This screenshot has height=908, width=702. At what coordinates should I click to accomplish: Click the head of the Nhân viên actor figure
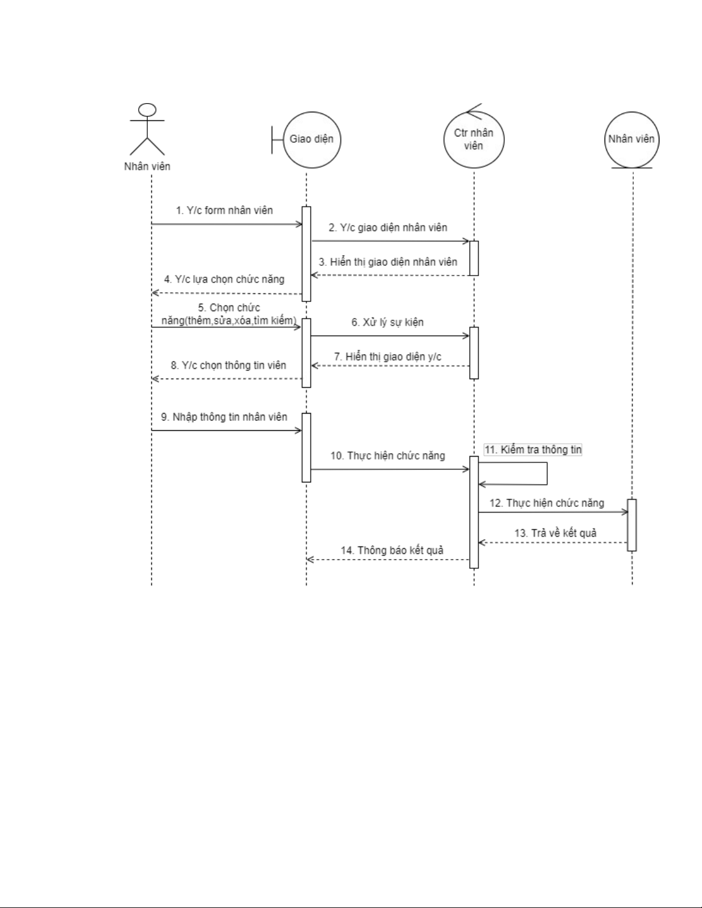tap(148, 110)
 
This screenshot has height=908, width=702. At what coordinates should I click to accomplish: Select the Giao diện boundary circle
tap(312, 139)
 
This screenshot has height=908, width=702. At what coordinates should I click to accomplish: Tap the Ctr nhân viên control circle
tap(474, 140)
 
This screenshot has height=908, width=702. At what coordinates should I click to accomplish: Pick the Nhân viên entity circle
tap(632, 139)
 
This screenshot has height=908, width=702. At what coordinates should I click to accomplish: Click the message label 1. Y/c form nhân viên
tap(224, 210)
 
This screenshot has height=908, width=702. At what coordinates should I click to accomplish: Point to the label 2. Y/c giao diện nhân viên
tap(388, 227)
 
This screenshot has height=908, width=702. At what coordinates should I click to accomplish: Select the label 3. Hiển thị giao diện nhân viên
tap(388, 262)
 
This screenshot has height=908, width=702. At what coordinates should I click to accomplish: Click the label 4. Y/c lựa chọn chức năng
tap(224, 280)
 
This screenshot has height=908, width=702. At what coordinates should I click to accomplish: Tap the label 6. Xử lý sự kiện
tap(387, 322)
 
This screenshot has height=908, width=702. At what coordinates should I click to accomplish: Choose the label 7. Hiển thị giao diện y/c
tap(388, 357)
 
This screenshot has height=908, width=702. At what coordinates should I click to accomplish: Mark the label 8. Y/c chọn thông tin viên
tap(228, 365)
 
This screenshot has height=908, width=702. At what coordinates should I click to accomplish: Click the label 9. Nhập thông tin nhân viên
tap(224, 417)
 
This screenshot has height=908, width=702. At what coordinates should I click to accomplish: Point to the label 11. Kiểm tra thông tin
tap(533, 450)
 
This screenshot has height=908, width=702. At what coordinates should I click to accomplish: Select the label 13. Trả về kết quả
tap(555, 533)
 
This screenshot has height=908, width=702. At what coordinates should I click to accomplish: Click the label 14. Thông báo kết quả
tap(392, 551)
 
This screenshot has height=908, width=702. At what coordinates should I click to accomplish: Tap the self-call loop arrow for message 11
tap(547, 474)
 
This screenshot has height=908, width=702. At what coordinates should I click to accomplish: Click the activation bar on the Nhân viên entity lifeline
tap(632, 525)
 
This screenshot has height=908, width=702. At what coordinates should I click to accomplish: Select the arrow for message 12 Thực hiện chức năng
tap(553, 512)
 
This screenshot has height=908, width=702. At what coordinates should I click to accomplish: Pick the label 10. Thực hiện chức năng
tap(387, 456)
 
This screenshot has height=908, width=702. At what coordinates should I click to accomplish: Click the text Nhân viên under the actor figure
tap(147, 167)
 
